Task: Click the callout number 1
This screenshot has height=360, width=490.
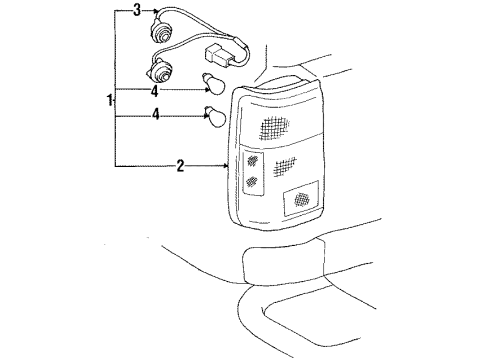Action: click(x=109, y=100)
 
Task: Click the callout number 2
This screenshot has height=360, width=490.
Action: click(x=180, y=166)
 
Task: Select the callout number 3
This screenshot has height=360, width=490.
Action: click(x=137, y=11)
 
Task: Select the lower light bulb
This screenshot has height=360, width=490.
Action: click(x=214, y=116)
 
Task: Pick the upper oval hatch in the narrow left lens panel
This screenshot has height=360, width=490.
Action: click(x=251, y=162)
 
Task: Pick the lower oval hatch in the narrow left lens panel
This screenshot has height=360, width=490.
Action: click(x=251, y=183)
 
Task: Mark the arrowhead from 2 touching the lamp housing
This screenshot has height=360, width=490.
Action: click(x=228, y=166)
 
